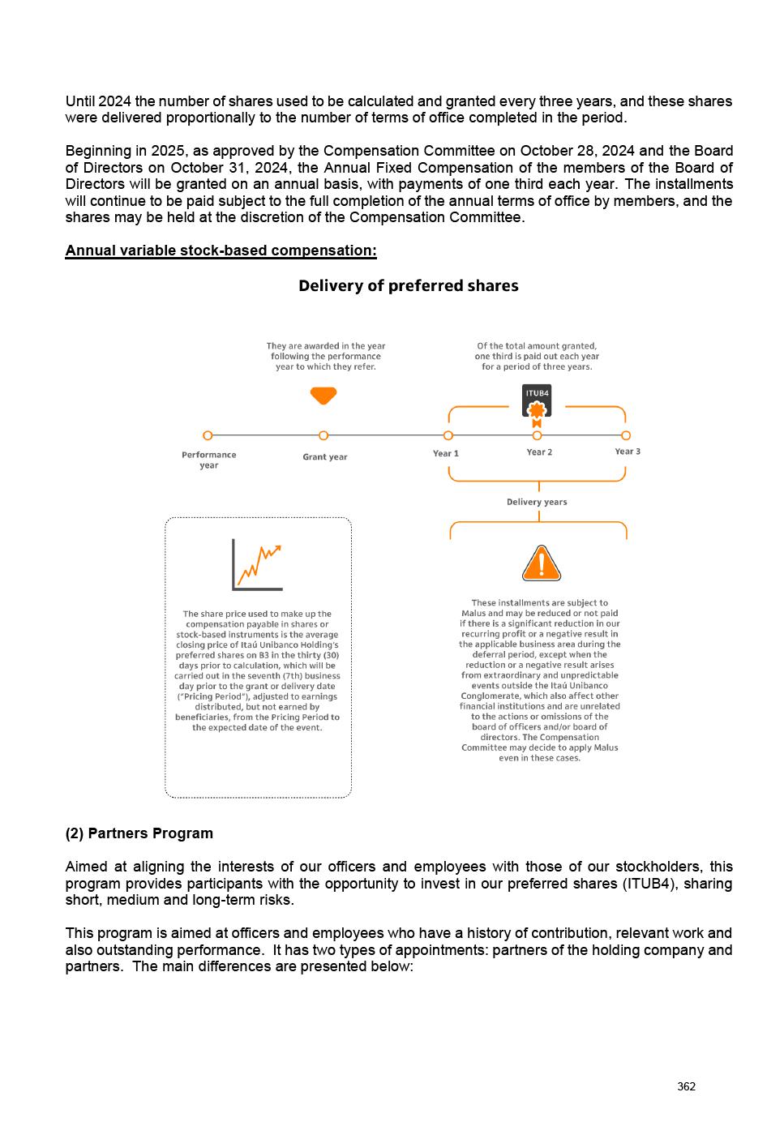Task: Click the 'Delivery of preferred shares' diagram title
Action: (x=408, y=286)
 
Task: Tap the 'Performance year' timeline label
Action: (x=209, y=460)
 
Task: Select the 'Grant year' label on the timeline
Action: (x=324, y=457)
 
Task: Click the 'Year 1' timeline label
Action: (x=445, y=453)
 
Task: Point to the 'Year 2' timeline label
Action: (x=539, y=452)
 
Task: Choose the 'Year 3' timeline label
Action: (x=627, y=452)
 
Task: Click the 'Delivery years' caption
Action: (x=537, y=502)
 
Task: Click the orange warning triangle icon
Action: (x=541, y=564)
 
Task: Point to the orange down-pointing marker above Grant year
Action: (x=323, y=396)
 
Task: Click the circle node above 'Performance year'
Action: (x=208, y=435)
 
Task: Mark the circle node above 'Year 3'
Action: (x=626, y=435)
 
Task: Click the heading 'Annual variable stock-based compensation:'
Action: (x=221, y=251)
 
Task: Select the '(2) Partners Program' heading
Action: (x=139, y=833)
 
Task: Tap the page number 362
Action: (x=686, y=1086)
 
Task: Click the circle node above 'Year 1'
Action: (x=448, y=435)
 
